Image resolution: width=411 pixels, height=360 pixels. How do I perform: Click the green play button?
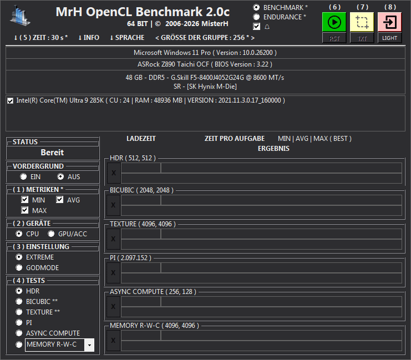point(334,22)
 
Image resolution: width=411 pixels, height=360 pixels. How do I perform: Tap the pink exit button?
point(389,22)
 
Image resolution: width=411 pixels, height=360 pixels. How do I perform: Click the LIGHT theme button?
point(389,38)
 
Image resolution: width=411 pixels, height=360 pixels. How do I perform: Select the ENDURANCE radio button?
point(256,17)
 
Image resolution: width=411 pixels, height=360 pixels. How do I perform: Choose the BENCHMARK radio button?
point(256,7)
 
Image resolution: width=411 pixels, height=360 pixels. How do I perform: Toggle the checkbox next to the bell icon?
point(257,27)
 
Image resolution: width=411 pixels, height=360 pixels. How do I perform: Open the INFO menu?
point(89,38)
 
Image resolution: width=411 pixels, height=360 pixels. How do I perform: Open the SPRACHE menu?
point(127,38)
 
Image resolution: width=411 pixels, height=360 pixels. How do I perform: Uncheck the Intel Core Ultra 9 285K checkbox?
point(10,101)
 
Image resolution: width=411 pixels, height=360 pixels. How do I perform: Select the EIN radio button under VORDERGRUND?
point(23,177)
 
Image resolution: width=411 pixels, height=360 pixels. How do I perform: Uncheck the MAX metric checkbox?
point(24,210)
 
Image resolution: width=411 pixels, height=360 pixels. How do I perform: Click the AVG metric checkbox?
point(59,200)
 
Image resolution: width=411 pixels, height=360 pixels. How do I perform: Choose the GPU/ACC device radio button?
point(51,234)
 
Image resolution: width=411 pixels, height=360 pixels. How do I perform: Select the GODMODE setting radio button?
point(19,267)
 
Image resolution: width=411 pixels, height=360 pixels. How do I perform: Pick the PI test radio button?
point(19,322)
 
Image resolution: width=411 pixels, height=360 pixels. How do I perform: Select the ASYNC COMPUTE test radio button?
point(19,333)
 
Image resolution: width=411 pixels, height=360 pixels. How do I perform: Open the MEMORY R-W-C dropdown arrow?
point(89,345)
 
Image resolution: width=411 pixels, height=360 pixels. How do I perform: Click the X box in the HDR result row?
point(114,173)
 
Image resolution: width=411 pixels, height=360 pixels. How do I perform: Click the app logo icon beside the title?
point(20,16)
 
